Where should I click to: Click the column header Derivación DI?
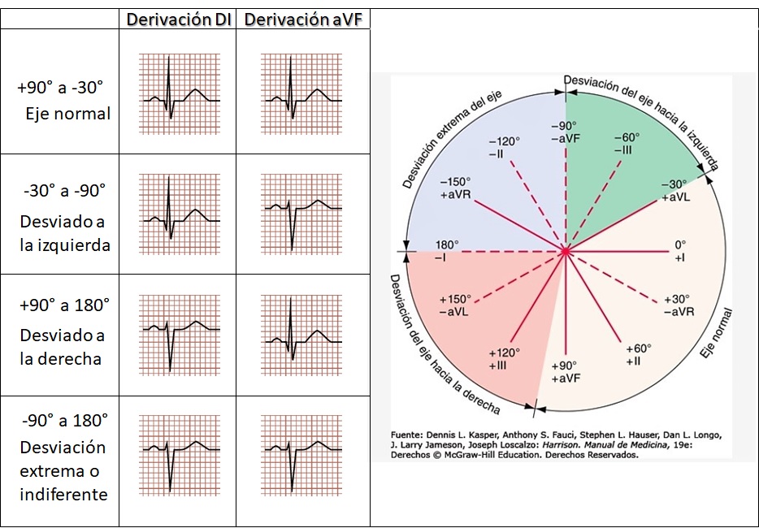coord(179,20)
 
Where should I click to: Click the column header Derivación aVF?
coord(302,20)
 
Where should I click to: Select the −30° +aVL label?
coord(675,190)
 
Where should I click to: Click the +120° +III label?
coord(503,359)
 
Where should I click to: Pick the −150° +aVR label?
coord(455,188)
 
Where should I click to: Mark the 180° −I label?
coord(446,250)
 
